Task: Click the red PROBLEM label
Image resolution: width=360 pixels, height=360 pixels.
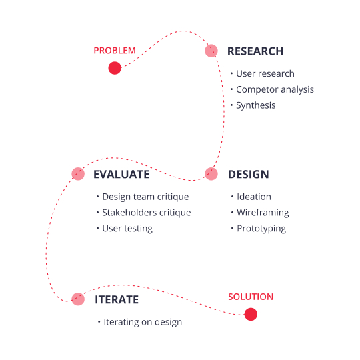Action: [115, 51]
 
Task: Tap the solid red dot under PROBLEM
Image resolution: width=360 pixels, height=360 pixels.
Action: [115, 67]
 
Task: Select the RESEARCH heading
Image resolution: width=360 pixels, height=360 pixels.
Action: [255, 51]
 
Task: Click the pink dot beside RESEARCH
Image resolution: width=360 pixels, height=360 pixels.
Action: [211, 51]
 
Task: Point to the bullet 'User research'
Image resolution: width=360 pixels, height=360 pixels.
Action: [265, 73]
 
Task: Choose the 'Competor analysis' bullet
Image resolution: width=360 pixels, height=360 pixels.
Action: [275, 89]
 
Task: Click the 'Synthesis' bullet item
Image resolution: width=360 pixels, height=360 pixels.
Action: [255, 105]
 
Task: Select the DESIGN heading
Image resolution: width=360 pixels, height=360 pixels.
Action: [249, 175]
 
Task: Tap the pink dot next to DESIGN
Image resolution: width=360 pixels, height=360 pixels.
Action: [211, 174]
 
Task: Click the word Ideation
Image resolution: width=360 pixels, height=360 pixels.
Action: [254, 197]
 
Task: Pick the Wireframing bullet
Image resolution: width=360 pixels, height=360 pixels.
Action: [263, 213]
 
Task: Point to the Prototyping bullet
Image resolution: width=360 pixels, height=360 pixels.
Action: [261, 229]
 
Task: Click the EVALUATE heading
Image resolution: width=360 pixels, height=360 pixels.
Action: [121, 175]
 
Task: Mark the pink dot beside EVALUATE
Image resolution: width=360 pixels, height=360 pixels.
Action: [78, 174]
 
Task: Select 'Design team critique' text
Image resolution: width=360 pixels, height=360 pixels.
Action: [145, 197]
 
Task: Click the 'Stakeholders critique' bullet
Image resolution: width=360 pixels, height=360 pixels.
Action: [146, 213]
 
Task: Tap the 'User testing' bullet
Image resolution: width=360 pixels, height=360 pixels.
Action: [127, 229]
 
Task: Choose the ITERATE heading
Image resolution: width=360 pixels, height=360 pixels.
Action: [117, 300]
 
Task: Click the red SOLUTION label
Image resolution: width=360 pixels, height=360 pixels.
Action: [251, 297]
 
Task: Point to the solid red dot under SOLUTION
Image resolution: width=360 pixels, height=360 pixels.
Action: [251, 314]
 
